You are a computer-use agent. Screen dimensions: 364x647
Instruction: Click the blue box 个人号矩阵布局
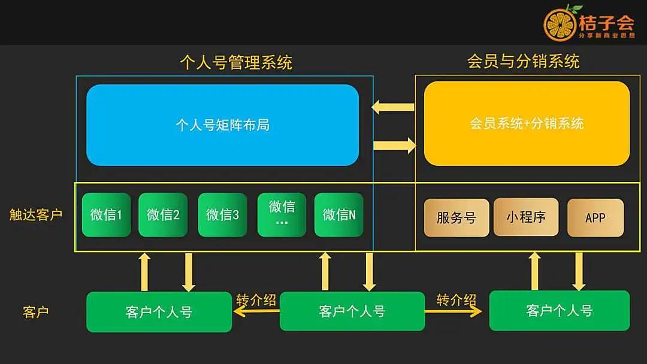(222, 125)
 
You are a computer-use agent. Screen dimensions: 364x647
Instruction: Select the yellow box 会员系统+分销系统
(527, 123)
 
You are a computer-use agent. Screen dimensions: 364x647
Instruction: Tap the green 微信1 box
(106, 214)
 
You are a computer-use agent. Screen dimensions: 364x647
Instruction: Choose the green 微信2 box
(163, 214)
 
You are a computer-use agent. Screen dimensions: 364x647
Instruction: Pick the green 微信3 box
(222, 214)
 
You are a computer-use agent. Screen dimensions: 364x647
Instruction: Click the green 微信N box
(339, 214)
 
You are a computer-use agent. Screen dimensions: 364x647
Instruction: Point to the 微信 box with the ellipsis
(282, 214)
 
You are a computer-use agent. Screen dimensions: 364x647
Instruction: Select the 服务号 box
(456, 217)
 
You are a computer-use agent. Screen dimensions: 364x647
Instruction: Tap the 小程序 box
(525, 217)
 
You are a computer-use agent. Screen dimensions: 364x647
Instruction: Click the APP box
(595, 217)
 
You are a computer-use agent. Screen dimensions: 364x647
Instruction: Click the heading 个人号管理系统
(235, 62)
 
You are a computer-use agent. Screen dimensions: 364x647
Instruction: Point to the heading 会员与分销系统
(523, 61)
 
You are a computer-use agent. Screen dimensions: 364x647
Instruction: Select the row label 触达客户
(36, 215)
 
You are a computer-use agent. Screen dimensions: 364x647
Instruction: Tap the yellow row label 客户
(36, 312)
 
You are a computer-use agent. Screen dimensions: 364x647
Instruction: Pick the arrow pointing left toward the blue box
(393, 108)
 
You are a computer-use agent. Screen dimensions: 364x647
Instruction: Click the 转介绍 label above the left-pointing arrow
(256, 299)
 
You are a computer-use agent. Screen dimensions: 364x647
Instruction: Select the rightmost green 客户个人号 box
(559, 311)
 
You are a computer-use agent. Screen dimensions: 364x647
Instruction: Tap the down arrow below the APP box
(579, 271)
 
